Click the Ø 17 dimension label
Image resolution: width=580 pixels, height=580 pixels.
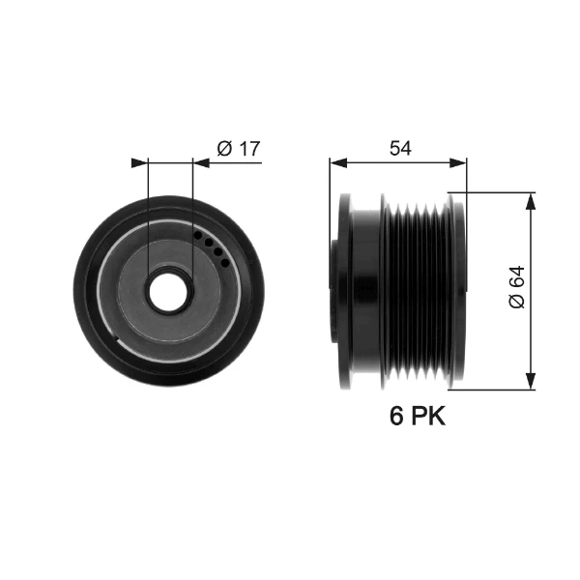pyautogui.click(x=239, y=148)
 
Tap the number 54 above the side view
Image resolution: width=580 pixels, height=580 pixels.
pyautogui.click(x=400, y=148)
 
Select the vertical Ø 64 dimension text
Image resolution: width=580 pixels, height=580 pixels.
pyautogui.click(x=517, y=287)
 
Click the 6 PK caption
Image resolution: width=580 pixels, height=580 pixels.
pyautogui.click(x=418, y=416)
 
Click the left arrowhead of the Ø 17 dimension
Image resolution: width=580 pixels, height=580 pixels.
pyautogui.click(x=139, y=162)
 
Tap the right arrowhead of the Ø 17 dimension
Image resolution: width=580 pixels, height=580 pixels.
pyautogui.click(x=201, y=162)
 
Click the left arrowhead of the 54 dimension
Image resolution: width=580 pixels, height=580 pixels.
pyautogui.click(x=338, y=162)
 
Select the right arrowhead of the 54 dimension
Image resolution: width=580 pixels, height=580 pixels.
pyautogui.click(x=458, y=162)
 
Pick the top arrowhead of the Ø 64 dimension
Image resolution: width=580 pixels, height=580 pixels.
pyautogui.click(x=531, y=202)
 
